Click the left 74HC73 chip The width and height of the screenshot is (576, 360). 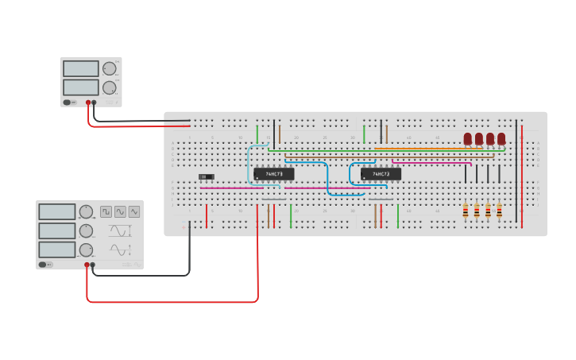(x=273, y=173)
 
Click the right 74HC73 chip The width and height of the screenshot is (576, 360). (x=381, y=173)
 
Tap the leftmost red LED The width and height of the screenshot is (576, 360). (x=468, y=139)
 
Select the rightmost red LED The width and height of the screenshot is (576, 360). (x=501, y=139)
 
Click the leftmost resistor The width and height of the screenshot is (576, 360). (x=466, y=211)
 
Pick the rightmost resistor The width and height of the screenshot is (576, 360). (x=499, y=211)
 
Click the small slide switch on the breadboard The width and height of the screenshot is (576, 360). (x=207, y=176)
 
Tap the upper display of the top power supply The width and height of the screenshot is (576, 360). (x=81, y=69)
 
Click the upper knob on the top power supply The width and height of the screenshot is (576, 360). (x=109, y=68)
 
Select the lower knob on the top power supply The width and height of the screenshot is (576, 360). (x=109, y=87)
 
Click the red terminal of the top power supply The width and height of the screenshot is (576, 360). (x=88, y=103)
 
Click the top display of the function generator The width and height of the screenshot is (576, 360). (x=57, y=211)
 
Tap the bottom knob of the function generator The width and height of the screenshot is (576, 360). (x=85, y=250)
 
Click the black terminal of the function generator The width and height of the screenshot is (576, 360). (x=93, y=265)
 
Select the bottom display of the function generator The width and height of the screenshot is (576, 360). (x=57, y=250)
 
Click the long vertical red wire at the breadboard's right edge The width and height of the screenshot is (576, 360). (x=522, y=175)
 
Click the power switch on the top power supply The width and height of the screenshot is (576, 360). (x=70, y=103)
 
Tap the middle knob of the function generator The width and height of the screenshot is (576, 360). (x=85, y=230)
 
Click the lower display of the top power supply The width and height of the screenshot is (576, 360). (x=81, y=87)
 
